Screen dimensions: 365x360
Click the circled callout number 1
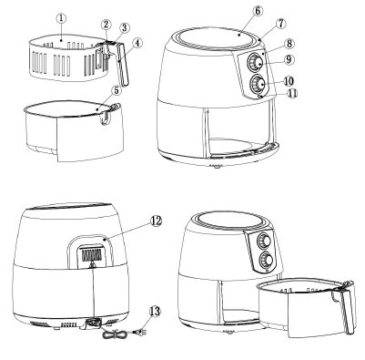61,18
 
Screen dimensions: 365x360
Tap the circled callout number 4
137,43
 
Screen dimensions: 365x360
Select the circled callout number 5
116,90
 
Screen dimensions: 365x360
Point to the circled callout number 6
258,11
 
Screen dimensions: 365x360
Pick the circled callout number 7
281,24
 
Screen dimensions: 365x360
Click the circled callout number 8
289,44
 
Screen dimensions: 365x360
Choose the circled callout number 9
289,59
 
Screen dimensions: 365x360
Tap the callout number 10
289,81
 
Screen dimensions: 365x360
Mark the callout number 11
292,93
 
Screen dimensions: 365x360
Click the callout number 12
156,221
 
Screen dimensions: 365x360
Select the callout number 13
155,311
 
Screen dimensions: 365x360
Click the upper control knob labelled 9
256,62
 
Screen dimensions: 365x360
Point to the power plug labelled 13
140,332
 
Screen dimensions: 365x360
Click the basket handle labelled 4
122,64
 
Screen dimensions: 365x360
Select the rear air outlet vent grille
91,255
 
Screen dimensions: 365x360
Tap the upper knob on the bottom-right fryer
264,241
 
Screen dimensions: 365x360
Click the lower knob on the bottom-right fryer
266,260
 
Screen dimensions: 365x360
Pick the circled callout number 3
124,28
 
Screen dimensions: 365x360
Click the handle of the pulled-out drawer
348,307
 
